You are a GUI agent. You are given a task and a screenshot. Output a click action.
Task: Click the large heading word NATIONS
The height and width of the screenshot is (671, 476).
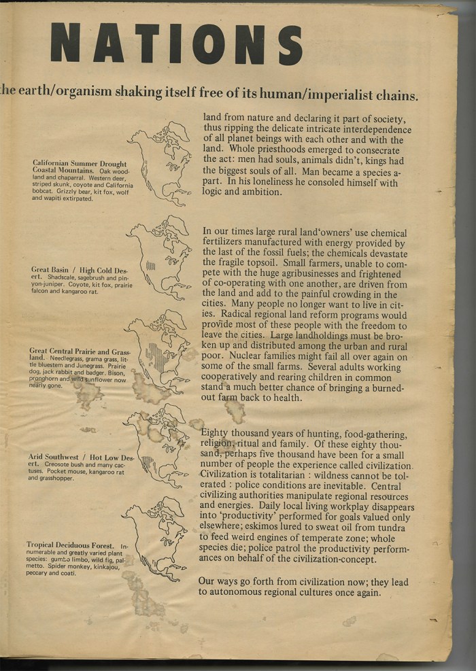tap(175, 44)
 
